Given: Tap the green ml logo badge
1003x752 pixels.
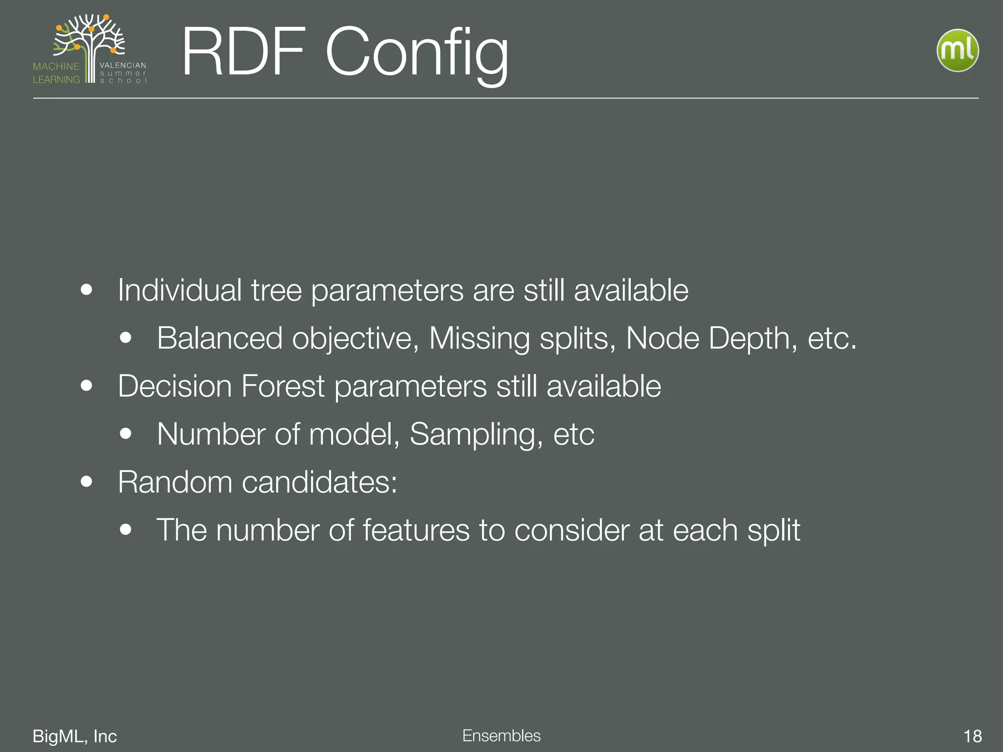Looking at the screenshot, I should click(957, 50).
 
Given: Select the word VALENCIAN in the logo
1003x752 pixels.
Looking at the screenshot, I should click(123, 65).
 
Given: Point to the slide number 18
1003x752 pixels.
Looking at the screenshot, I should click(972, 736).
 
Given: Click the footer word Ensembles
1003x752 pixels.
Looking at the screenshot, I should click(501, 735).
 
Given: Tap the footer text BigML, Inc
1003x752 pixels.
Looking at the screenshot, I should click(74, 736).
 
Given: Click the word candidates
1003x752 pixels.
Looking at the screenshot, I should click(319, 482).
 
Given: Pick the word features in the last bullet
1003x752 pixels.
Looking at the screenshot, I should click(416, 530).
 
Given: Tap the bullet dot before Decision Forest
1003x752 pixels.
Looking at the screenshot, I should click(87, 386).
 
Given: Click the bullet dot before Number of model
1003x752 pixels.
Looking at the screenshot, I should click(126, 434).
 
